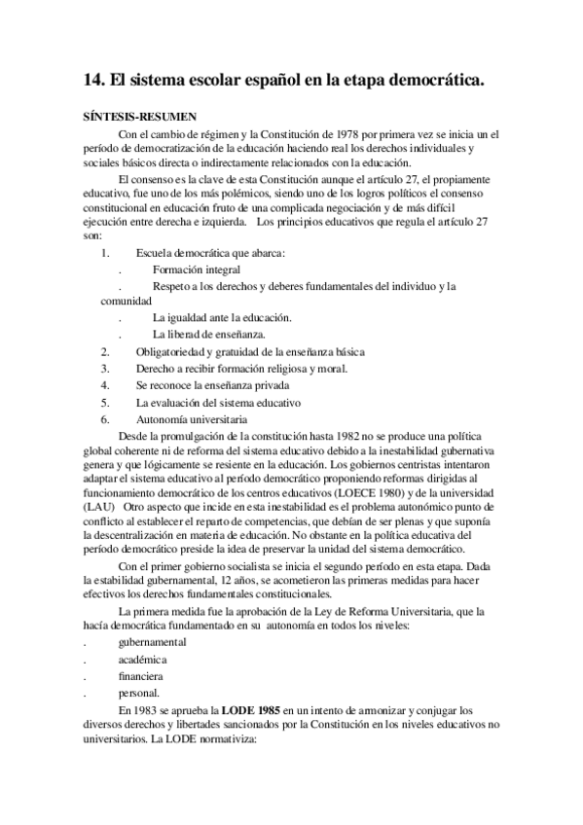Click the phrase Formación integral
click(x=197, y=269)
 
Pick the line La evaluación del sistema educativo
click(x=218, y=402)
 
